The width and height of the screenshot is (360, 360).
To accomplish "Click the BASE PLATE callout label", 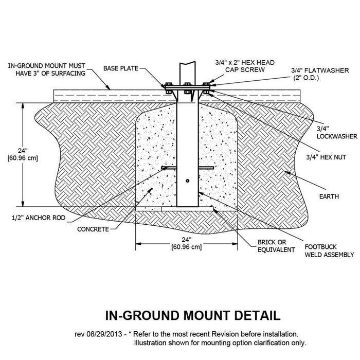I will (120, 68).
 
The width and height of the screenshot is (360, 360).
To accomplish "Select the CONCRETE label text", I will (93, 229).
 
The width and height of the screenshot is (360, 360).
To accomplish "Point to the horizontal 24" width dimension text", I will (187, 243).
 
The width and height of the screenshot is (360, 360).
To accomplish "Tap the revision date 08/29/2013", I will (105, 334).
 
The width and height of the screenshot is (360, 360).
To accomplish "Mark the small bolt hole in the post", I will (188, 181).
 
